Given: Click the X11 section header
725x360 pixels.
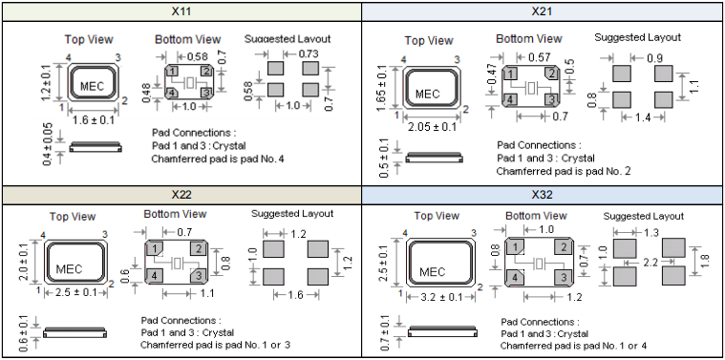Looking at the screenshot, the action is [x=181, y=11].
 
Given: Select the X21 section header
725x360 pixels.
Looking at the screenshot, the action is [x=542, y=11].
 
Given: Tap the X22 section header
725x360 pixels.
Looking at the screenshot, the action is [x=181, y=195].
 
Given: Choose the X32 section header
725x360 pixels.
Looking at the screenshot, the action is [x=542, y=195].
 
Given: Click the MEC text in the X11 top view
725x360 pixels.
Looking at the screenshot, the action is [x=92, y=86].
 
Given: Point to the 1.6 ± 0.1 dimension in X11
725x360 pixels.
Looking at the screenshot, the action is [x=94, y=120].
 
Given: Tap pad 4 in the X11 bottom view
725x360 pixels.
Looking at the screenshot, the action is [x=172, y=93].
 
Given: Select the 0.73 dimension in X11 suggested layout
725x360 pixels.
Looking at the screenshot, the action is [x=308, y=54].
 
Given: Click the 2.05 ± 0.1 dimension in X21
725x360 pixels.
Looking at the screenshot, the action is [x=432, y=127].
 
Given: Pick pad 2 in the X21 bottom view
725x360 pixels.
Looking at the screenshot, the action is [x=551, y=74].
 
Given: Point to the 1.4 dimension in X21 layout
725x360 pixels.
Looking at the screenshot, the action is [x=643, y=117].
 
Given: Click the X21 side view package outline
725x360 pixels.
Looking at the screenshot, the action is [x=434, y=158].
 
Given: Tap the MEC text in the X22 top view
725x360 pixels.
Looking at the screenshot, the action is [x=69, y=269].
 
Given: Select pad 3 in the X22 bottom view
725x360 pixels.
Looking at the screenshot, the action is [x=199, y=276].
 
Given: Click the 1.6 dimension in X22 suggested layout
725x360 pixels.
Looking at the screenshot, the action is [x=295, y=295].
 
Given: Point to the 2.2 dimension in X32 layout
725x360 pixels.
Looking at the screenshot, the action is [x=650, y=263].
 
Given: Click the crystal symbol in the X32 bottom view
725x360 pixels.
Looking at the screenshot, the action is [x=539, y=264].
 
